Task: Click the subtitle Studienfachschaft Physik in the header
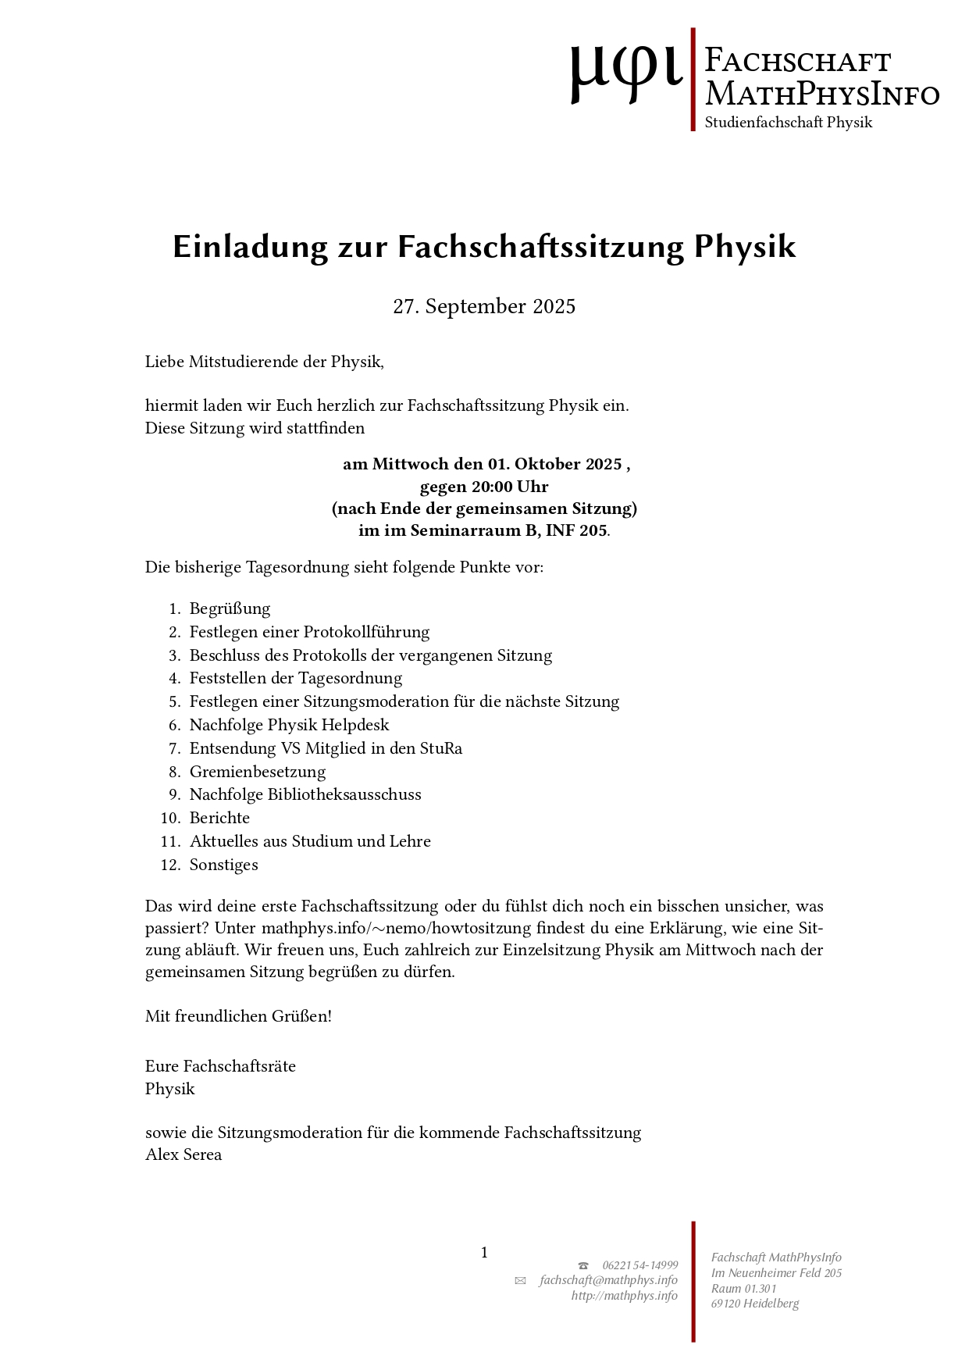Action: [x=788, y=123]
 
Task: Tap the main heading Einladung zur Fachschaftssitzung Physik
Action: [x=484, y=247]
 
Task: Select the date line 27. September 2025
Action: [x=484, y=306]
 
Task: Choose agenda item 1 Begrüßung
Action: [x=230, y=608]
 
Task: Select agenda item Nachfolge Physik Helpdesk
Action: [x=289, y=725]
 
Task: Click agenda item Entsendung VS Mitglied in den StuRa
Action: [x=326, y=748]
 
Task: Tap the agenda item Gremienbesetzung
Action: [x=257, y=772]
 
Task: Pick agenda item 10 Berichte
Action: [x=219, y=818]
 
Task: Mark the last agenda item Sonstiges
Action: [x=223, y=865]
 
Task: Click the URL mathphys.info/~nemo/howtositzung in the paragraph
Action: [x=398, y=929]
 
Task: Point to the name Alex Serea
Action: [x=183, y=1154]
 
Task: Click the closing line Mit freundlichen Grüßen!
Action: [x=238, y=1016]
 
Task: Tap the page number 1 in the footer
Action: [x=484, y=1253]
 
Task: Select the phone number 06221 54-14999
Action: [x=639, y=1265]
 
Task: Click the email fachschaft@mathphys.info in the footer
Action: [x=608, y=1280]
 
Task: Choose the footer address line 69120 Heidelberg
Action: [x=754, y=1303]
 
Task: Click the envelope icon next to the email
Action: [x=520, y=1281]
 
